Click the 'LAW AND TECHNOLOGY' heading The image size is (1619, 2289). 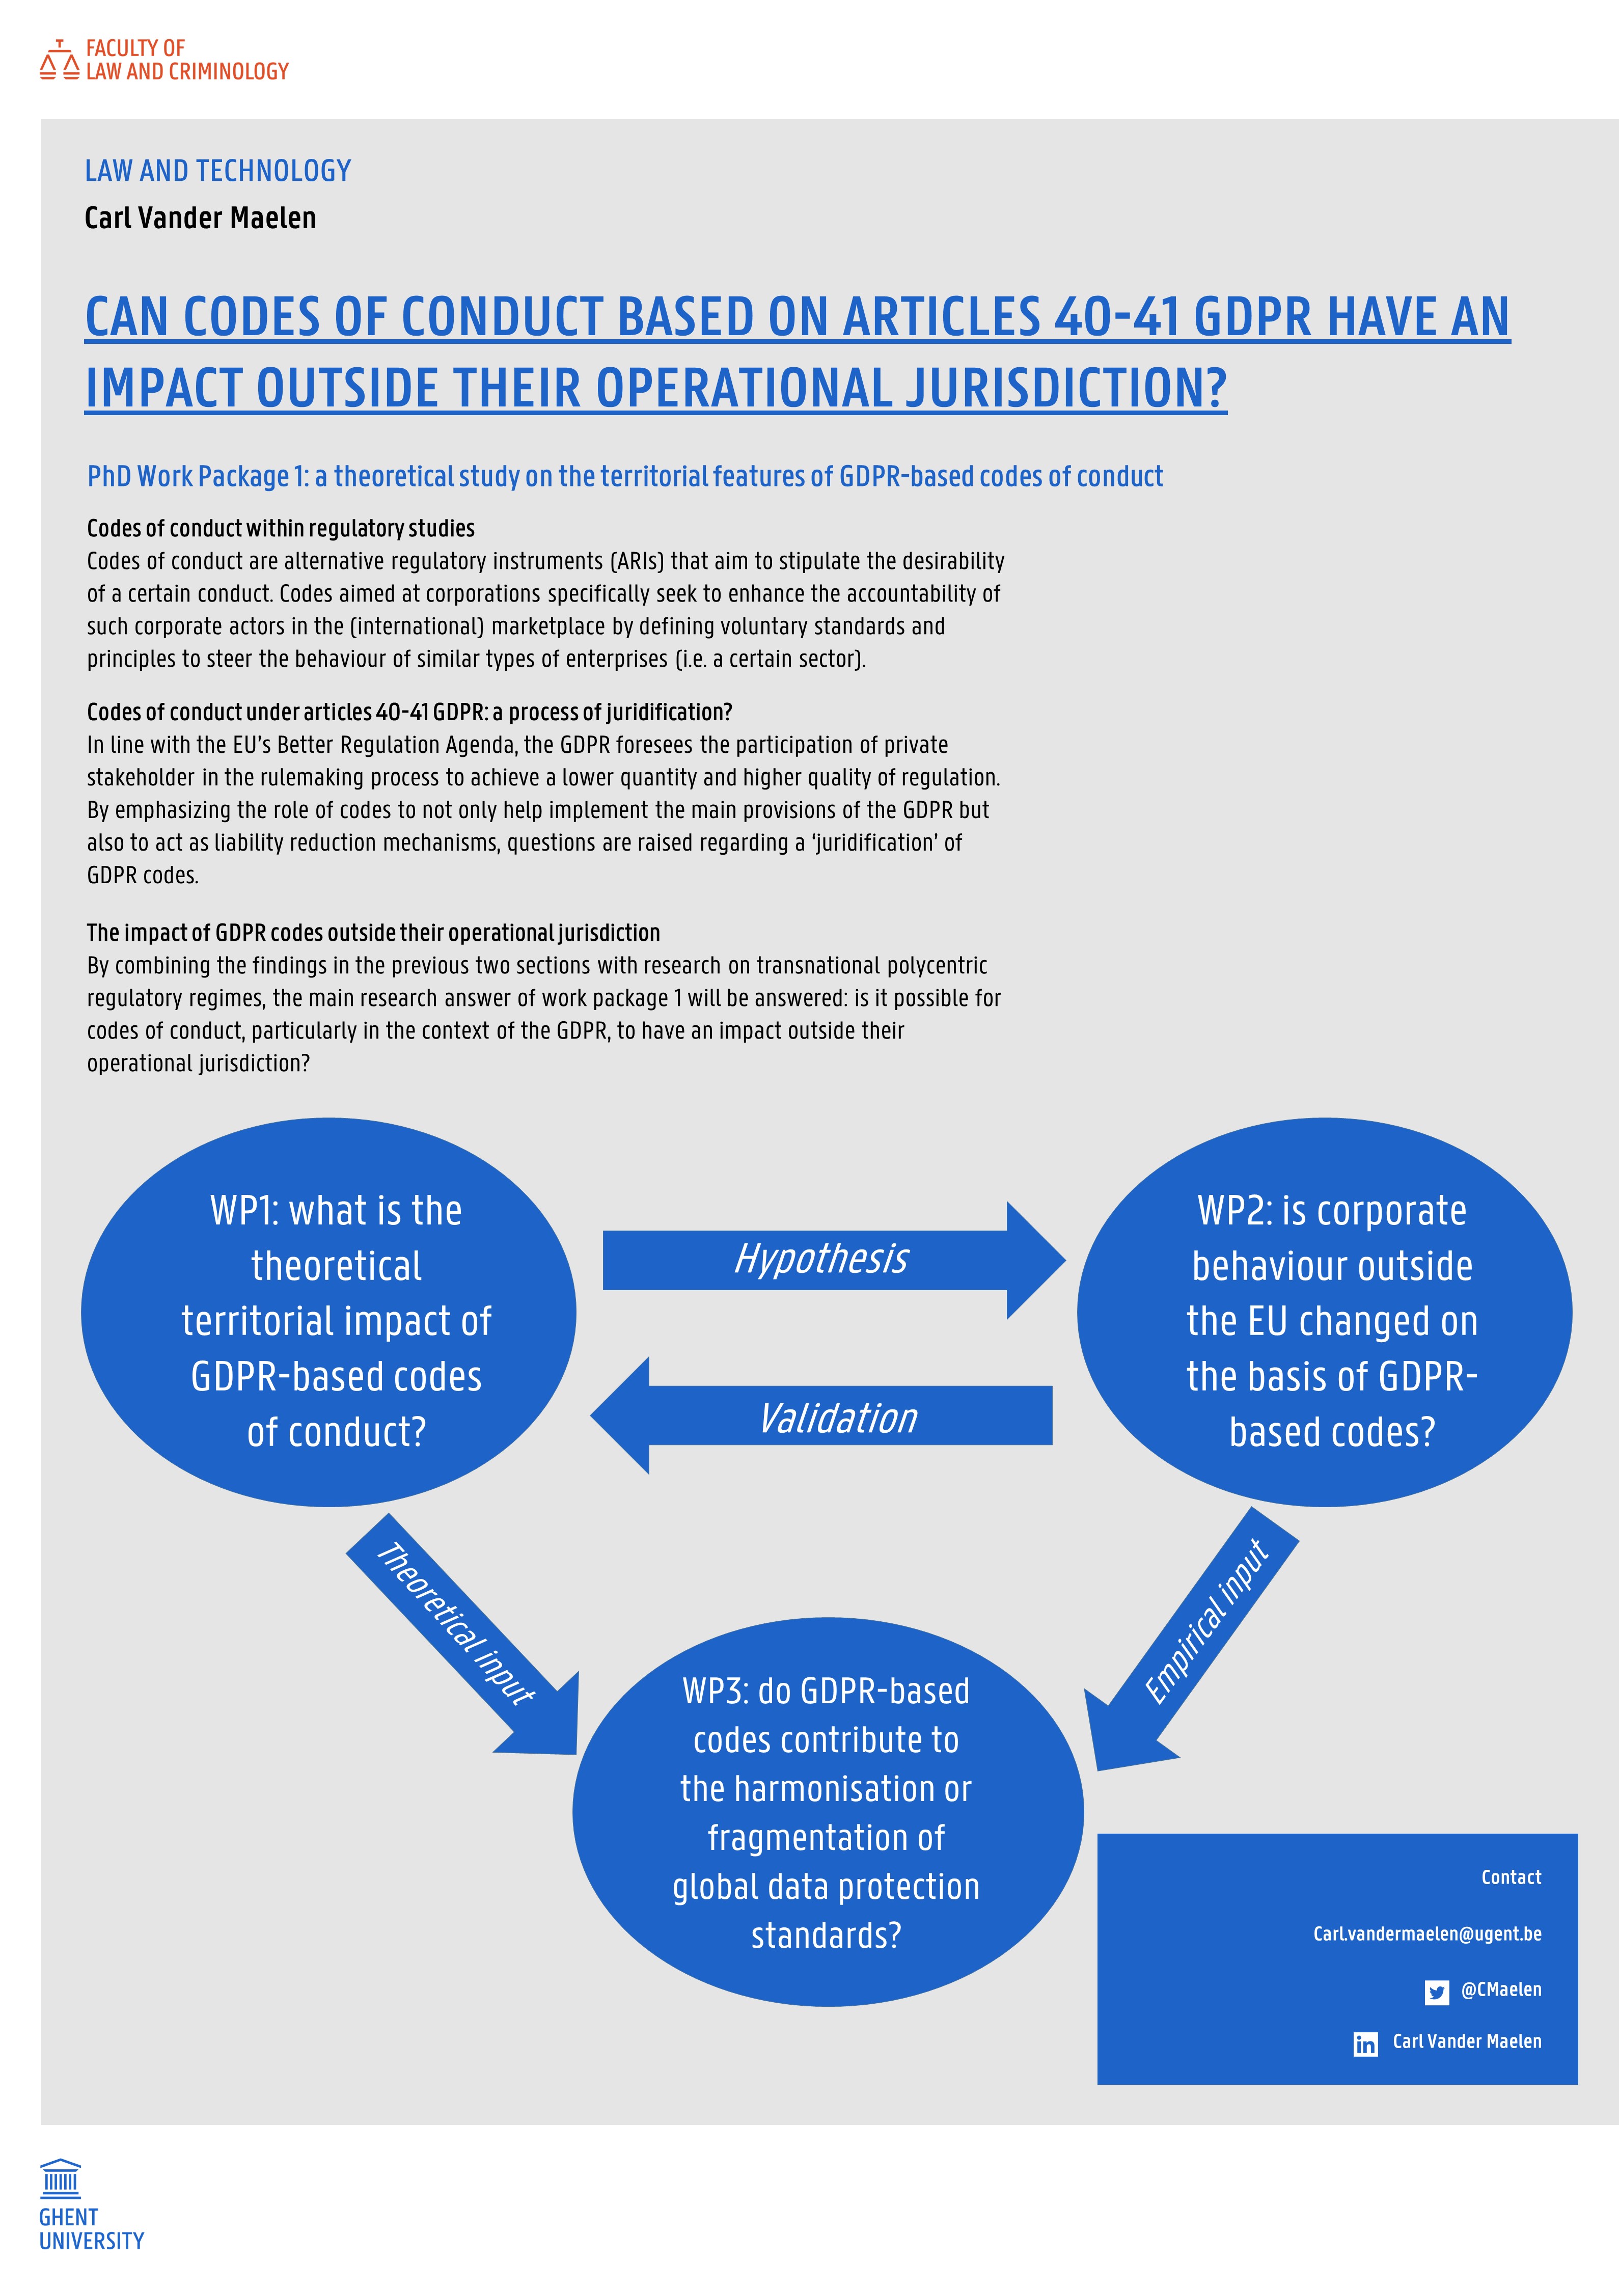(x=217, y=172)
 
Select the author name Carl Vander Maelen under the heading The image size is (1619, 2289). (x=200, y=219)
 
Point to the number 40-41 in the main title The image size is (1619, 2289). (x=1116, y=318)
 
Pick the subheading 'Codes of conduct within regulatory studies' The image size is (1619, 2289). (x=280, y=528)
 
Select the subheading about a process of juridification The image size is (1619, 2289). (x=409, y=712)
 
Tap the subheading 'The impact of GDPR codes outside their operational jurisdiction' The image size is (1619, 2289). (x=373, y=933)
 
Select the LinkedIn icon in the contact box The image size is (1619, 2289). (x=1365, y=2045)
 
